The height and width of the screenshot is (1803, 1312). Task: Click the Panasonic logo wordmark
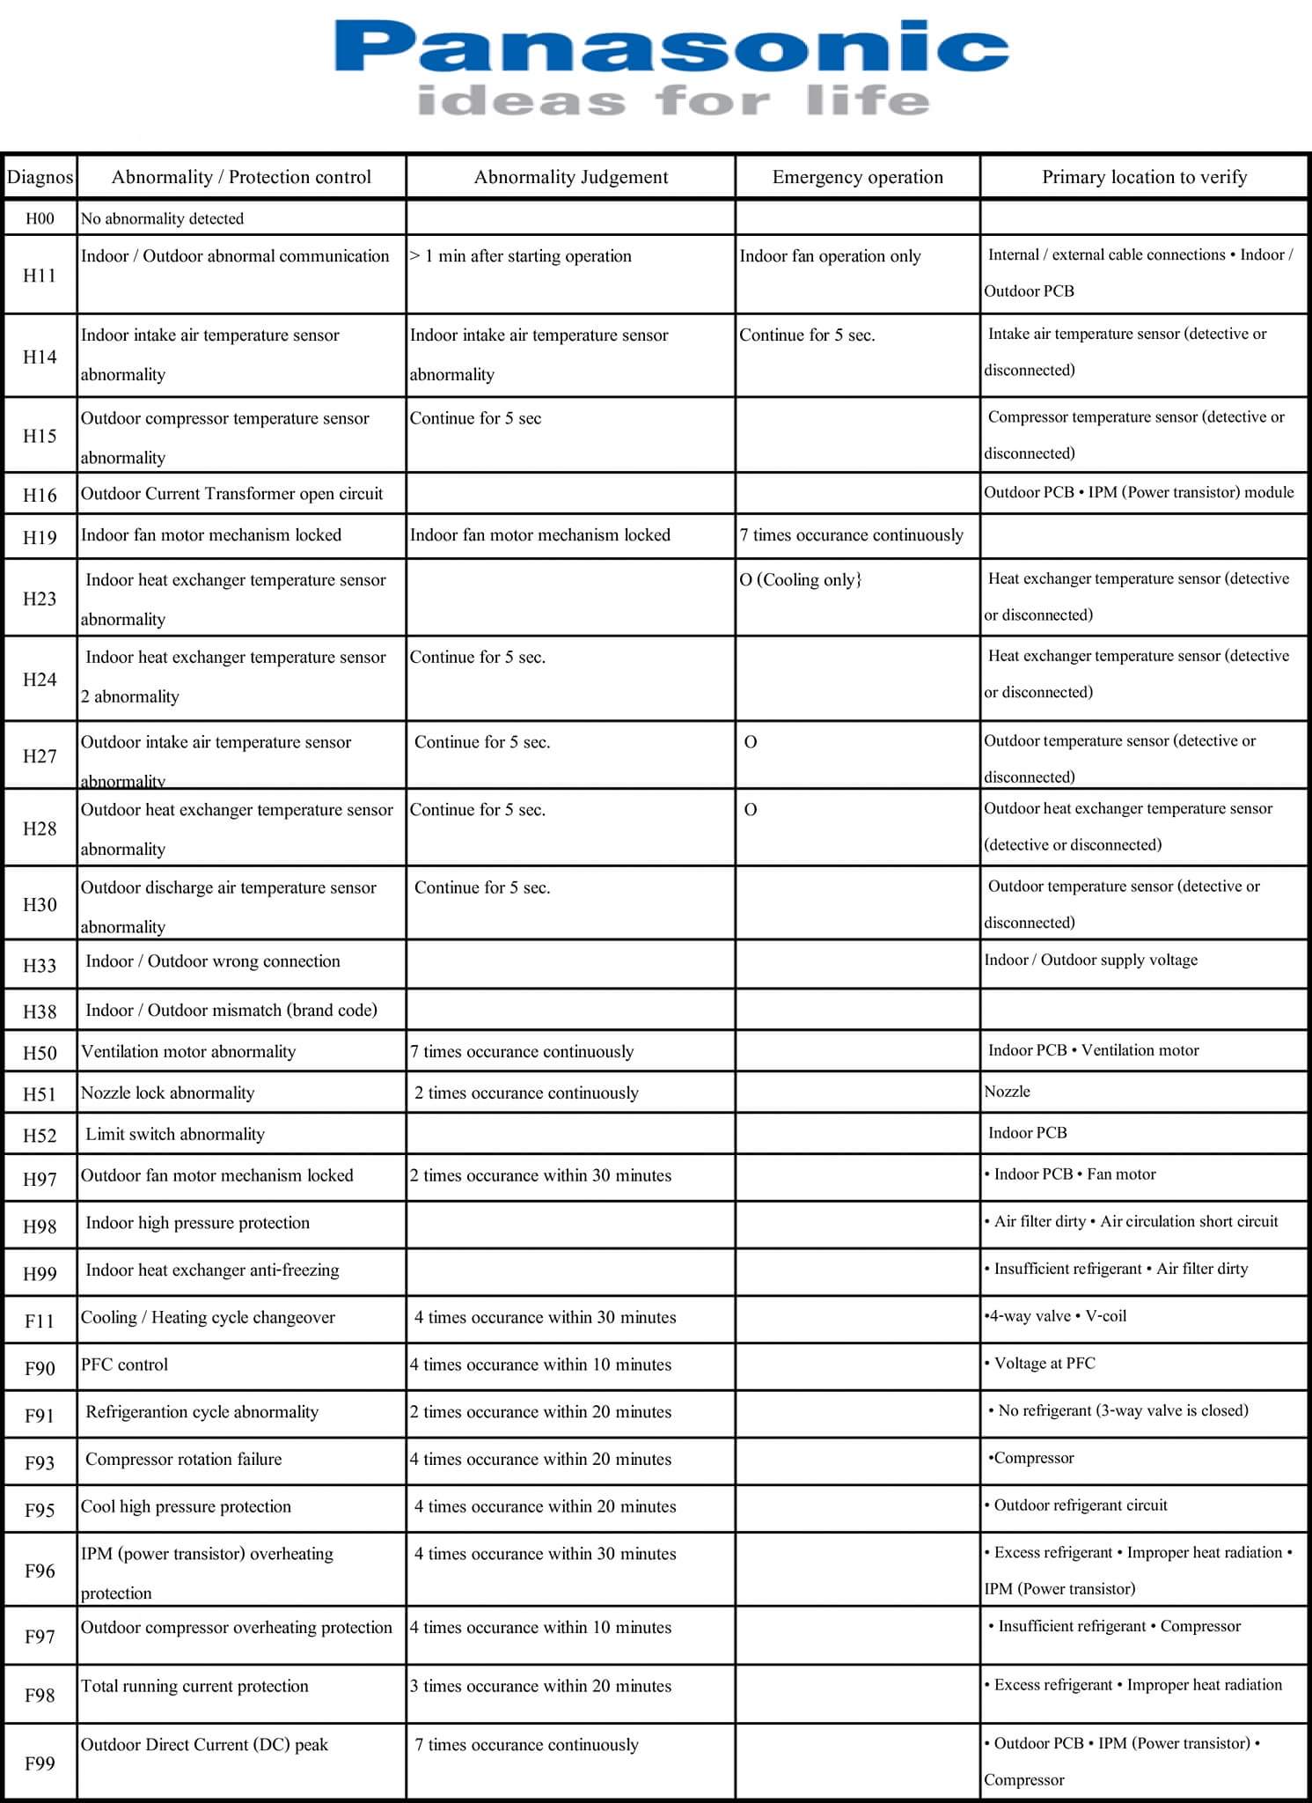[x=671, y=48]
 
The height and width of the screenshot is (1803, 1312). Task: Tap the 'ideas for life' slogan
[x=673, y=101]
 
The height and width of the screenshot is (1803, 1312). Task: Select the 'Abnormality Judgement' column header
[x=570, y=177]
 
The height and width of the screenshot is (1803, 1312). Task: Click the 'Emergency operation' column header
[x=857, y=177]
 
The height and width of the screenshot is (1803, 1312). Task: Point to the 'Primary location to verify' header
[x=1144, y=177]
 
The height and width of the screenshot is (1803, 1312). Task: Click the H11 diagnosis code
[x=40, y=276]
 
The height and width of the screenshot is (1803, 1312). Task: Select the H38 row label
[x=40, y=1012]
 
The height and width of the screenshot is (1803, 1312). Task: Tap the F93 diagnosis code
[x=40, y=1462]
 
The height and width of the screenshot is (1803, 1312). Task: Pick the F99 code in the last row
[x=40, y=1763]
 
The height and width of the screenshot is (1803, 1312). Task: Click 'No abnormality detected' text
[x=162, y=218]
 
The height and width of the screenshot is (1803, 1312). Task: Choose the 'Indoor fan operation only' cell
[x=830, y=256]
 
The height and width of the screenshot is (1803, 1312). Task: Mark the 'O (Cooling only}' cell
[x=801, y=580]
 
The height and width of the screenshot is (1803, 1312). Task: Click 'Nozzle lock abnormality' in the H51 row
[x=167, y=1093]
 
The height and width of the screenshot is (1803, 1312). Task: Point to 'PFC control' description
[x=124, y=1365]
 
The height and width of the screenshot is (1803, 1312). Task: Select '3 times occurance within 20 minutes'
[x=540, y=1686]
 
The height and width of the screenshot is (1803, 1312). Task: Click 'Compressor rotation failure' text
[x=184, y=1459]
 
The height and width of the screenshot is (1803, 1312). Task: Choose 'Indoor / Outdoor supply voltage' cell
[x=1090, y=960]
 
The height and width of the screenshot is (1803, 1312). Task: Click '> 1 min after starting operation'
[x=521, y=256]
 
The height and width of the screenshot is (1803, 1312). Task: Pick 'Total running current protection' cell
[x=194, y=1686]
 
